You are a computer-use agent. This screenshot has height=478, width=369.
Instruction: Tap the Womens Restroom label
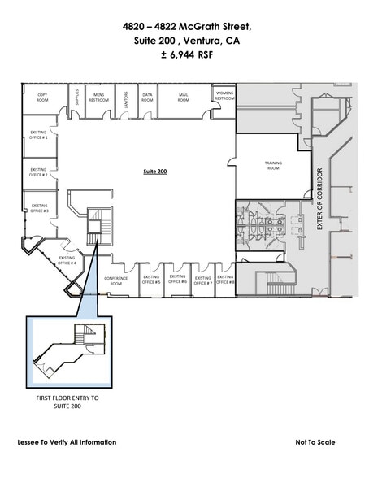224,96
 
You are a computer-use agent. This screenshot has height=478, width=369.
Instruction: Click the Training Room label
273,166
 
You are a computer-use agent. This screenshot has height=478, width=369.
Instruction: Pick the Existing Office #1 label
38,137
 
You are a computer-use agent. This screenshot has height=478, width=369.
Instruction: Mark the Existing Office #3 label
39,209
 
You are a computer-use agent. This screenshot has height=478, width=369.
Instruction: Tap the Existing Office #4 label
67,261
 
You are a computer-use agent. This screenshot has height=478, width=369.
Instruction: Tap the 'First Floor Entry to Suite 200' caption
68,403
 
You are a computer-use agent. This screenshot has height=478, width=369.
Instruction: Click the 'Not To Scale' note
316,442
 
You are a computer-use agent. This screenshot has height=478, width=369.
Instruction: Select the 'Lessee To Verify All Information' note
67,442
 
